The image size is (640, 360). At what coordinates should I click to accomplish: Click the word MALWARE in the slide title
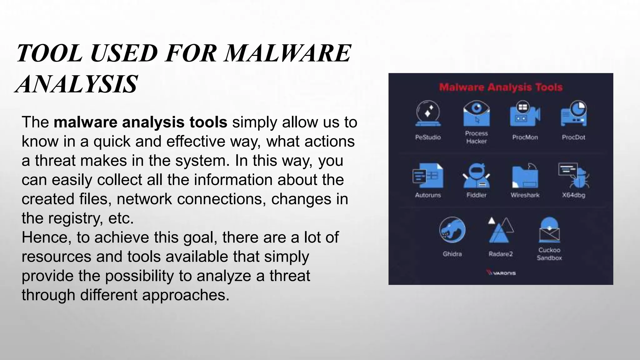pos(288,53)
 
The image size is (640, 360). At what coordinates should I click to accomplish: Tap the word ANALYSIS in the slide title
pos(77,84)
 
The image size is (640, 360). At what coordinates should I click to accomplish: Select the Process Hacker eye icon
pos(476,113)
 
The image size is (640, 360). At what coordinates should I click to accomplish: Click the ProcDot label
pos(573,137)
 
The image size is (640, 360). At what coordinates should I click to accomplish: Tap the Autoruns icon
pos(428,176)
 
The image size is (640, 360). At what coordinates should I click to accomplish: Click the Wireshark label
pos(525,195)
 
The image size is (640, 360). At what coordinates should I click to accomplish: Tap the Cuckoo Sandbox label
pos(549,254)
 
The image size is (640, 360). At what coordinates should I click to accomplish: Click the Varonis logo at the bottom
pos(501,273)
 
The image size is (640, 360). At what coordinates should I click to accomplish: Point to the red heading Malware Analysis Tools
pos(501,87)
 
